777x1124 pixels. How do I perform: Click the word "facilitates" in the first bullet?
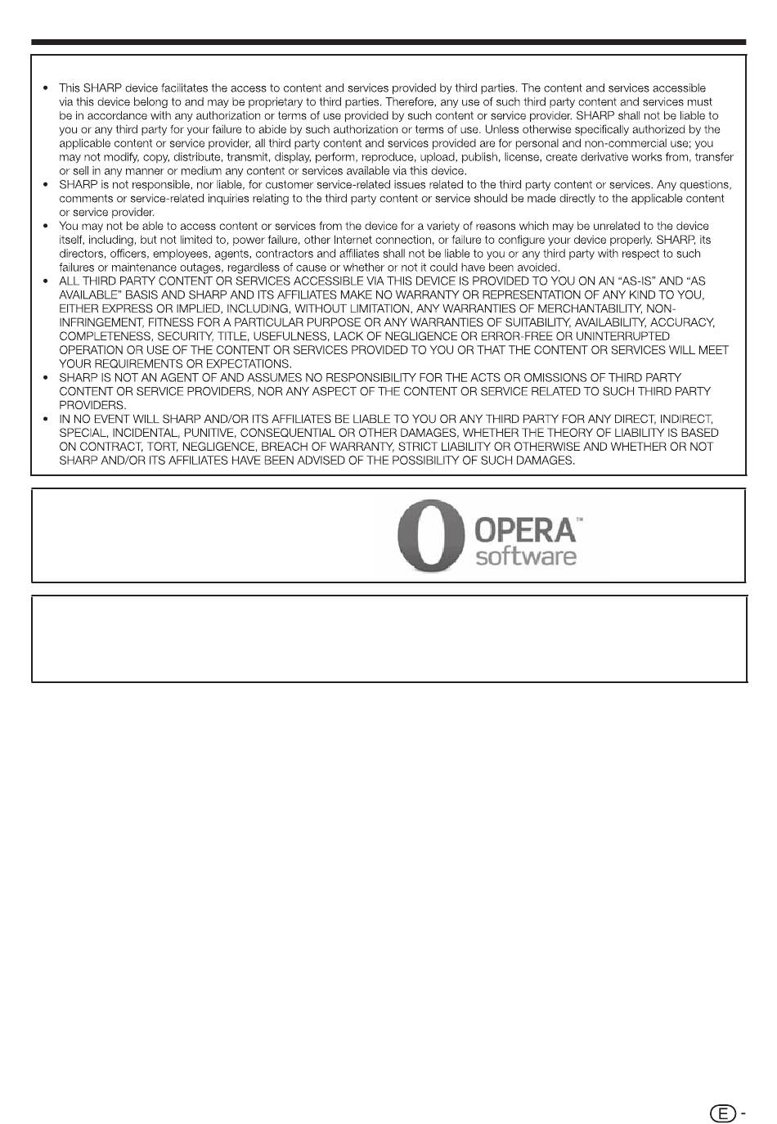click(157, 88)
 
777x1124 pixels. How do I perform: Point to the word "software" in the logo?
click(526, 558)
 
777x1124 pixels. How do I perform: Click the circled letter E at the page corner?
click(721, 1113)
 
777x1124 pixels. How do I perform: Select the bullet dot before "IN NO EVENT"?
click(45, 420)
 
